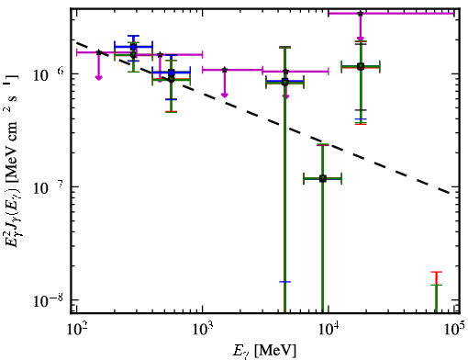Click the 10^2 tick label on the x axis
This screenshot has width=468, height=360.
tap(75, 330)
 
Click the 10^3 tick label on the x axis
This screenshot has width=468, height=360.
tap(202, 330)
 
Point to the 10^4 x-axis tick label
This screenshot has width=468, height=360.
tap(329, 330)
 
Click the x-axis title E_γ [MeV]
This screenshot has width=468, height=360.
tap(264, 351)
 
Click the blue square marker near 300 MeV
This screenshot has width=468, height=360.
tap(133, 47)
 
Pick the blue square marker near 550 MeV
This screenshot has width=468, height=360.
tap(172, 73)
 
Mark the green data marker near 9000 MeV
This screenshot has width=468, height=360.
tap(323, 179)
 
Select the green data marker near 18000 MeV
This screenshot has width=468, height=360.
tap(361, 66)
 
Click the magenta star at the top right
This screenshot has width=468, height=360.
tap(361, 14)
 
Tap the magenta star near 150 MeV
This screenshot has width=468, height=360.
tap(98, 52)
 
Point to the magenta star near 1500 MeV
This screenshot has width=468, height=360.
tap(225, 70)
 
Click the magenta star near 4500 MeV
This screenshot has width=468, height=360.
tap(285, 72)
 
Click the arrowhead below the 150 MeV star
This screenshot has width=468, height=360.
tap(98, 77)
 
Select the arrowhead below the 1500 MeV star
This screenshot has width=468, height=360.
tap(225, 95)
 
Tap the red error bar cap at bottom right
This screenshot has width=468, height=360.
tap(436, 272)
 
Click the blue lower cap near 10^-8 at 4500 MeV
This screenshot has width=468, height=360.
tap(284, 282)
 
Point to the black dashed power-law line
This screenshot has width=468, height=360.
tap(263, 118)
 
